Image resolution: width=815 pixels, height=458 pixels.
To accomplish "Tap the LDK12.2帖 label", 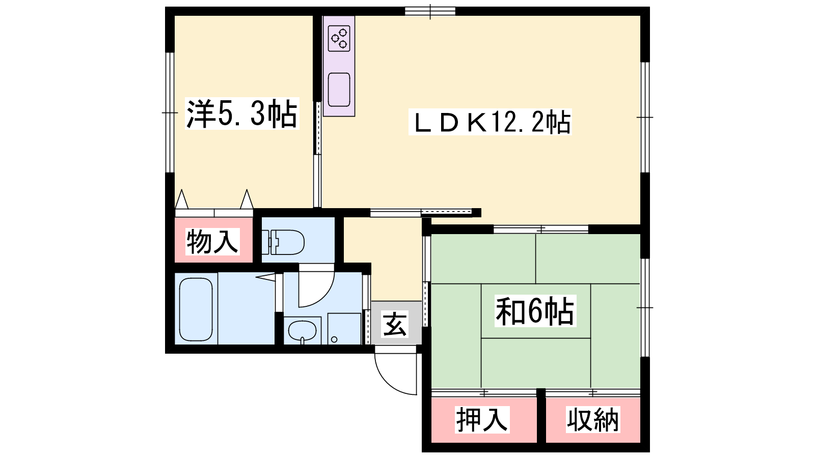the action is (x=490, y=122).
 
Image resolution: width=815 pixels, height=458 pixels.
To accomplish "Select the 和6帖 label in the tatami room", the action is (x=535, y=311).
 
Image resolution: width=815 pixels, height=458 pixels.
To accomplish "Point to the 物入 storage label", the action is (x=212, y=241).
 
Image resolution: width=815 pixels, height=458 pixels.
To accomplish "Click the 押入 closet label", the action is (x=482, y=419).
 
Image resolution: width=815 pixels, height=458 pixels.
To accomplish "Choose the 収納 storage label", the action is (x=593, y=419).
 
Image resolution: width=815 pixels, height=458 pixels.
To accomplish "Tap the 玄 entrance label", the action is (x=395, y=323).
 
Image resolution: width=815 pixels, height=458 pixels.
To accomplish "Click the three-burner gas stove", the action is (x=339, y=38).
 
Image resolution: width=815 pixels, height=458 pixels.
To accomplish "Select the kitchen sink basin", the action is (x=339, y=90).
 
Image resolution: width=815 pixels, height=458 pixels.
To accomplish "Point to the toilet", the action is (x=283, y=242).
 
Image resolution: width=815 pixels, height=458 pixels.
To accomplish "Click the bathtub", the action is (x=196, y=309).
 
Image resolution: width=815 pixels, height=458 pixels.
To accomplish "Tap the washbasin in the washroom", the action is (x=302, y=331).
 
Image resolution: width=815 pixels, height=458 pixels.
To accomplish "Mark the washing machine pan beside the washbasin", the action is (x=344, y=329).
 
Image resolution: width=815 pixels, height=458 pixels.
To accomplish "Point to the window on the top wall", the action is (x=430, y=11).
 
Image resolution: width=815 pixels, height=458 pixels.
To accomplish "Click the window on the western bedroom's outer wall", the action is (x=170, y=112).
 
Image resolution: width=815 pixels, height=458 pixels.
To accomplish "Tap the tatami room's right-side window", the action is (x=645, y=307).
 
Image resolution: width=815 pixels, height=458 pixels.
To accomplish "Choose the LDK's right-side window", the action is (x=645, y=117).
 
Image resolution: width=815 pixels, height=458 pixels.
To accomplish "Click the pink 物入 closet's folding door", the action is (x=214, y=204).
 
